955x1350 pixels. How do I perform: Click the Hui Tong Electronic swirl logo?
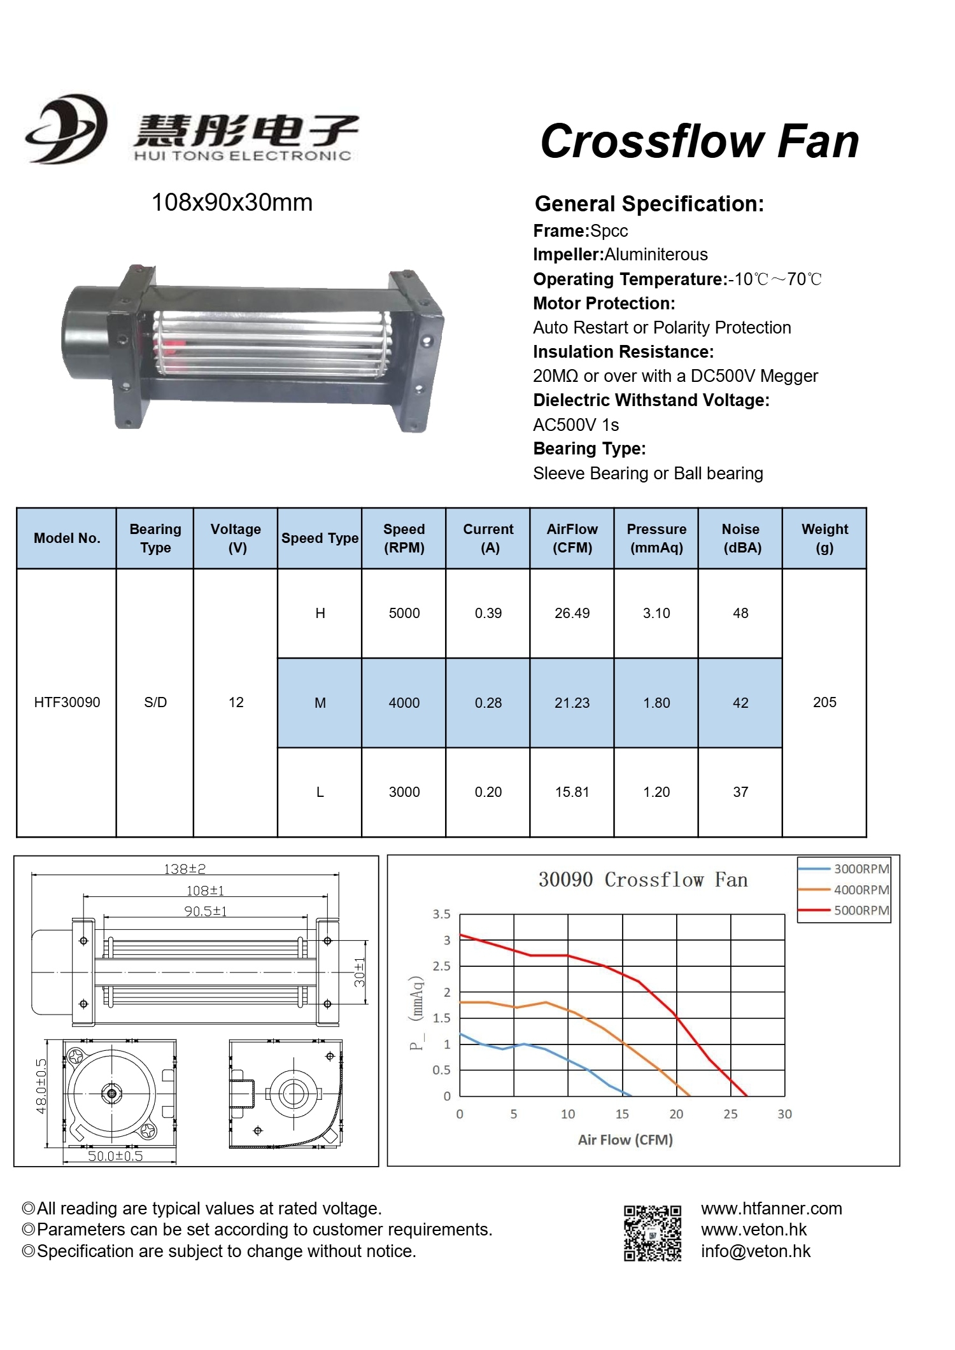tap(66, 129)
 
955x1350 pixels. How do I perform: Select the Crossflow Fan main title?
tap(699, 141)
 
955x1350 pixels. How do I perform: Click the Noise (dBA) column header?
tap(740, 538)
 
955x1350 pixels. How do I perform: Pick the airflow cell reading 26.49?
tap(572, 613)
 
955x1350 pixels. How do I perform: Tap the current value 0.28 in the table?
tap(488, 703)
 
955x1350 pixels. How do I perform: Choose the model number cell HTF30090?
tap(67, 702)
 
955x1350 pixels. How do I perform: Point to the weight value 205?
tap(824, 702)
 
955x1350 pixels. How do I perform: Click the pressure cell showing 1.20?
tap(656, 792)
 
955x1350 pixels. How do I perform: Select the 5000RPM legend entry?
tap(861, 910)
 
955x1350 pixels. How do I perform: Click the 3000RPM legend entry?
tap(861, 869)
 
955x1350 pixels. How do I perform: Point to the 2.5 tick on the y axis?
tap(442, 966)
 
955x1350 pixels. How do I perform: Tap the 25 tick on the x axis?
tap(730, 1114)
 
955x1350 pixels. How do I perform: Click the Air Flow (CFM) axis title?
tap(625, 1139)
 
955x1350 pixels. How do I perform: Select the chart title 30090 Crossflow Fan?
tap(642, 880)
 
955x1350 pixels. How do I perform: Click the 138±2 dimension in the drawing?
tap(185, 869)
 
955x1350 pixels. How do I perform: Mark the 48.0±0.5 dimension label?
tap(41, 1086)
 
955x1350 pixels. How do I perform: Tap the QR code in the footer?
tap(652, 1233)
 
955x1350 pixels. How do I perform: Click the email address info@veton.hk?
tap(755, 1251)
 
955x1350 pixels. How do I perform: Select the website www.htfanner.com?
tap(771, 1208)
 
